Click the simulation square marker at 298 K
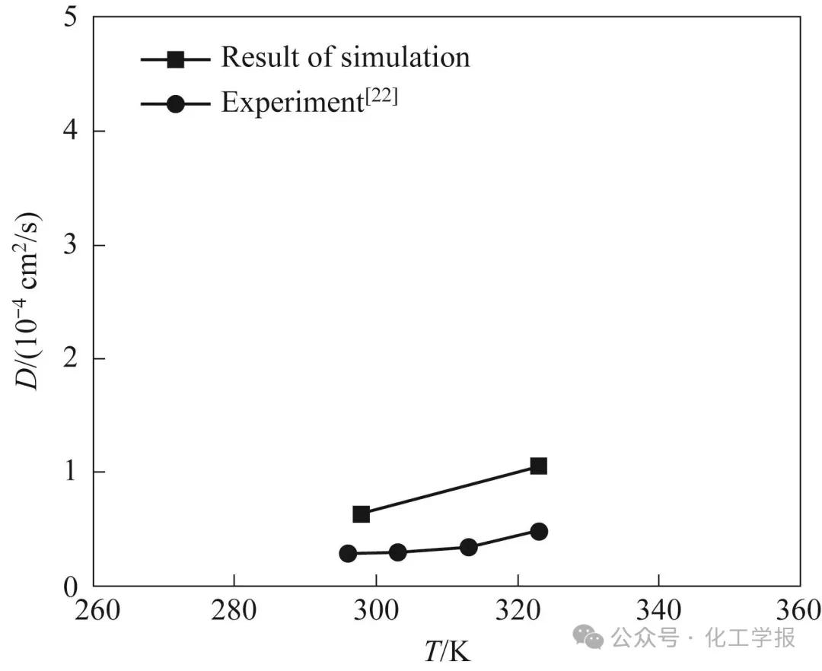[x=362, y=514]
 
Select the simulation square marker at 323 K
[x=539, y=466]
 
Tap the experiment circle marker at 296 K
[x=348, y=553]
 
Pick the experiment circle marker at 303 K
[x=397, y=552]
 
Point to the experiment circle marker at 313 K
[x=469, y=547]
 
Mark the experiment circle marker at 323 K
[x=539, y=531]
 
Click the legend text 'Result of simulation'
[x=346, y=57]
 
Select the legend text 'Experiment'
[x=291, y=102]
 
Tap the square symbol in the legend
[x=176, y=59]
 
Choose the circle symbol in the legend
[x=176, y=103]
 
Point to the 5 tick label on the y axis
[x=69, y=17]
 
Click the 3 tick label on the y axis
[x=69, y=245]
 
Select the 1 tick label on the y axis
[x=69, y=472]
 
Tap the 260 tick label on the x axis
[x=94, y=611]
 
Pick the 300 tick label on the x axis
[x=376, y=611]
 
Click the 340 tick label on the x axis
[x=658, y=611]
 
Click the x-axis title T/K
[x=447, y=650]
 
